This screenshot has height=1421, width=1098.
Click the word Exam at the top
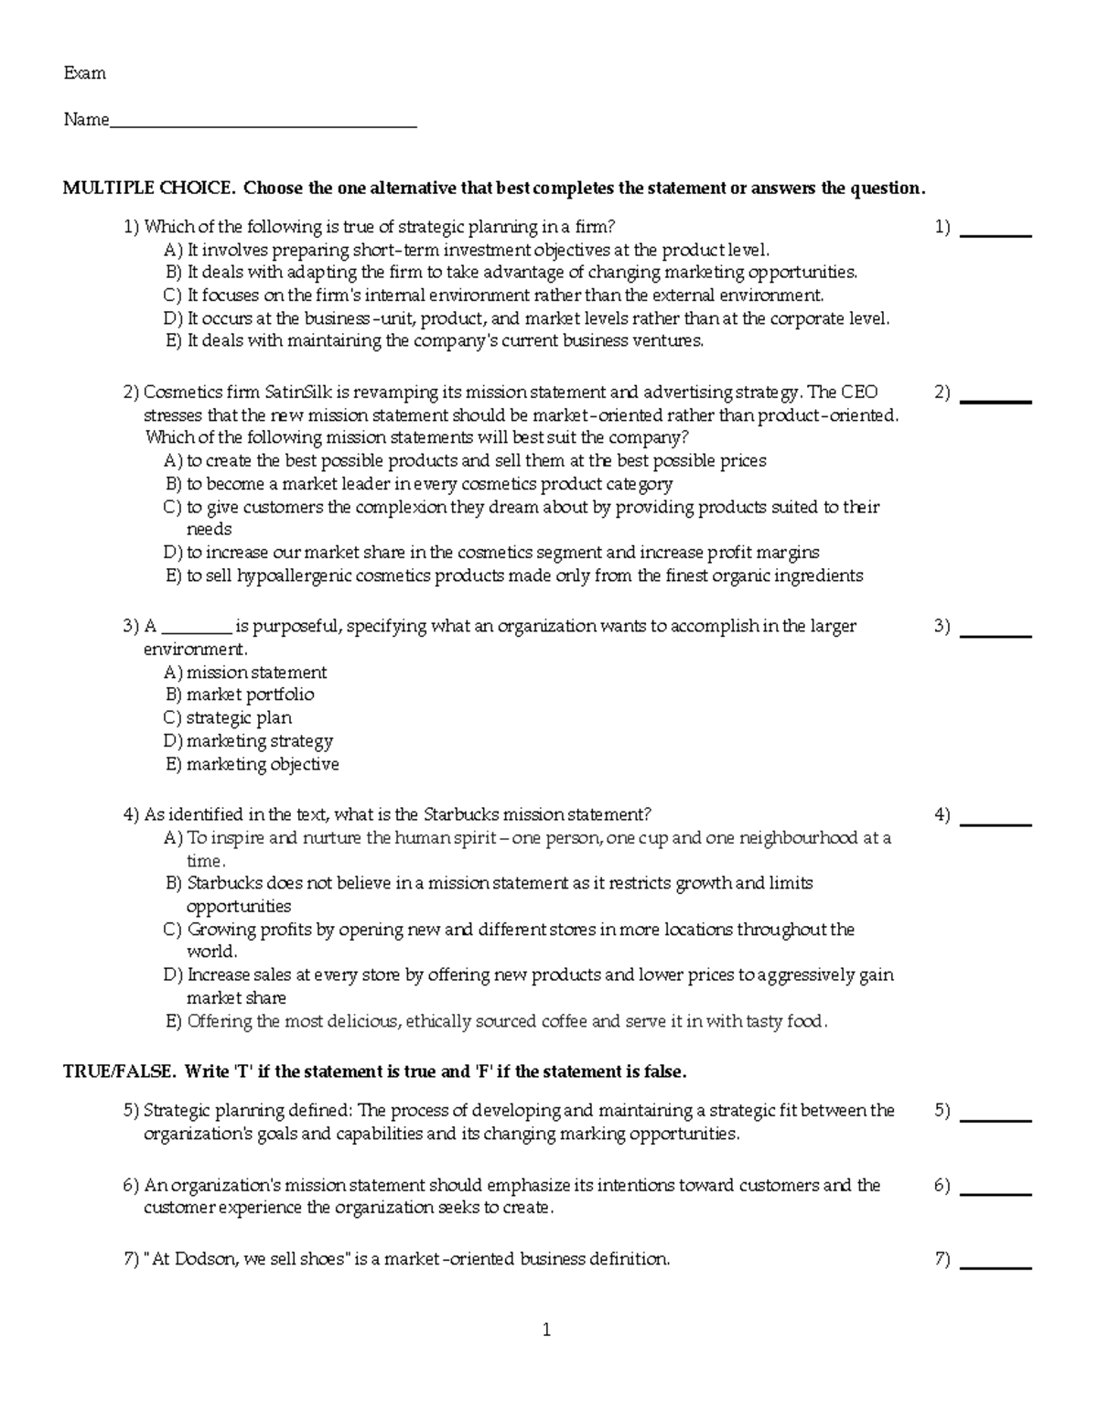click(84, 73)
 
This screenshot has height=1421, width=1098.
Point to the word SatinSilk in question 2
click(300, 393)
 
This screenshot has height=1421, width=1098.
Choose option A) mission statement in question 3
click(245, 673)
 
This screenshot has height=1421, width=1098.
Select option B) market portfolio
click(240, 695)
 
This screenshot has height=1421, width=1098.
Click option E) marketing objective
click(252, 764)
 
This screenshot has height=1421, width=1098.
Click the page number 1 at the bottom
click(546, 1330)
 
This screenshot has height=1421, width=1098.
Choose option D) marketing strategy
click(249, 741)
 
